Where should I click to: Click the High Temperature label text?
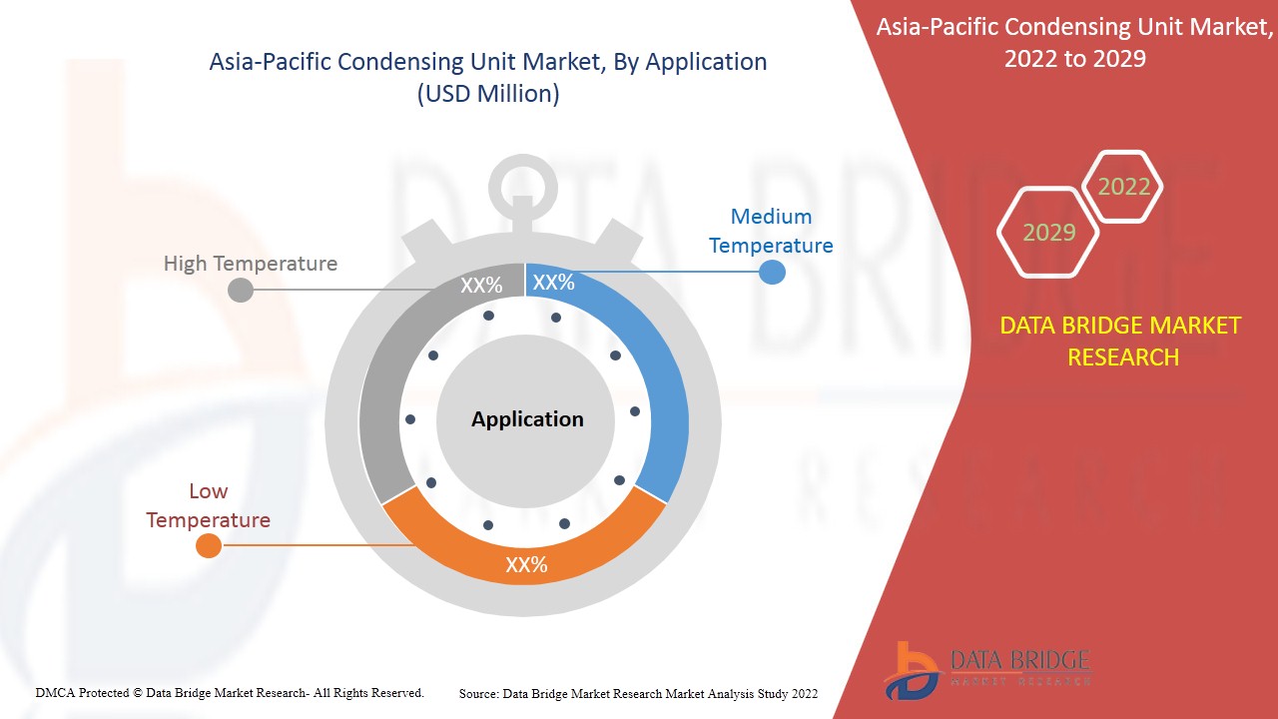251,264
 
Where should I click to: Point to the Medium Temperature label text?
771,231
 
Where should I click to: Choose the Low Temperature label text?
208,505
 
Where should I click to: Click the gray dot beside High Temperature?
241,291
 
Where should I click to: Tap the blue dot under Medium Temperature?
772,271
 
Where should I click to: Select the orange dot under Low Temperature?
208,545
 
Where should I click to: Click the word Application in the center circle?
527,419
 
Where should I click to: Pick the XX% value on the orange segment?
526,565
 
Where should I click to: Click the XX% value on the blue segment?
553,283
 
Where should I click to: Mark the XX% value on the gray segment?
481,286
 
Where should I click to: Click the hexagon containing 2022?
1123,187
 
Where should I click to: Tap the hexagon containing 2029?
1048,233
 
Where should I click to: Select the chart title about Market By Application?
487,77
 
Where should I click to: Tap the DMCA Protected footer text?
230,692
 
